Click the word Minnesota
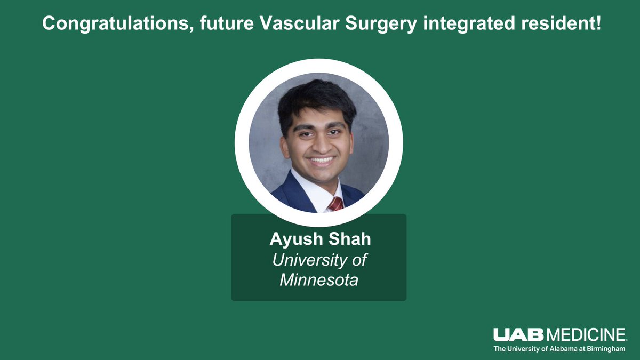point(319,279)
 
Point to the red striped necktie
point(335,204)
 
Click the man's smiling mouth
point(322,159)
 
